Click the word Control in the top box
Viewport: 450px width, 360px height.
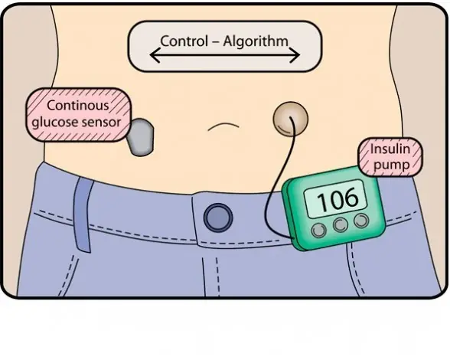184,41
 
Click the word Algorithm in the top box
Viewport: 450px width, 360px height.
256,41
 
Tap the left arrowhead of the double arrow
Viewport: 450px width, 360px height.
155,54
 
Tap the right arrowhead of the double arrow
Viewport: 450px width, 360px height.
295,54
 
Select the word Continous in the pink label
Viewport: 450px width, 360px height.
78,105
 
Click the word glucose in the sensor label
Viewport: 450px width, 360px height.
55,123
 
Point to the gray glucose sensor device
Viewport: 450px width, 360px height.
140,137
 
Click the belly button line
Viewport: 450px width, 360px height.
223,126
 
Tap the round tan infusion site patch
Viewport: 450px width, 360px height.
291,119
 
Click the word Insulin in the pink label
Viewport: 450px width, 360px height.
390,149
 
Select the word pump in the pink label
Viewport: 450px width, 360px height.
392,165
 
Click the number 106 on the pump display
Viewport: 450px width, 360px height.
337,198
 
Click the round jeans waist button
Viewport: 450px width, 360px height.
218,218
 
